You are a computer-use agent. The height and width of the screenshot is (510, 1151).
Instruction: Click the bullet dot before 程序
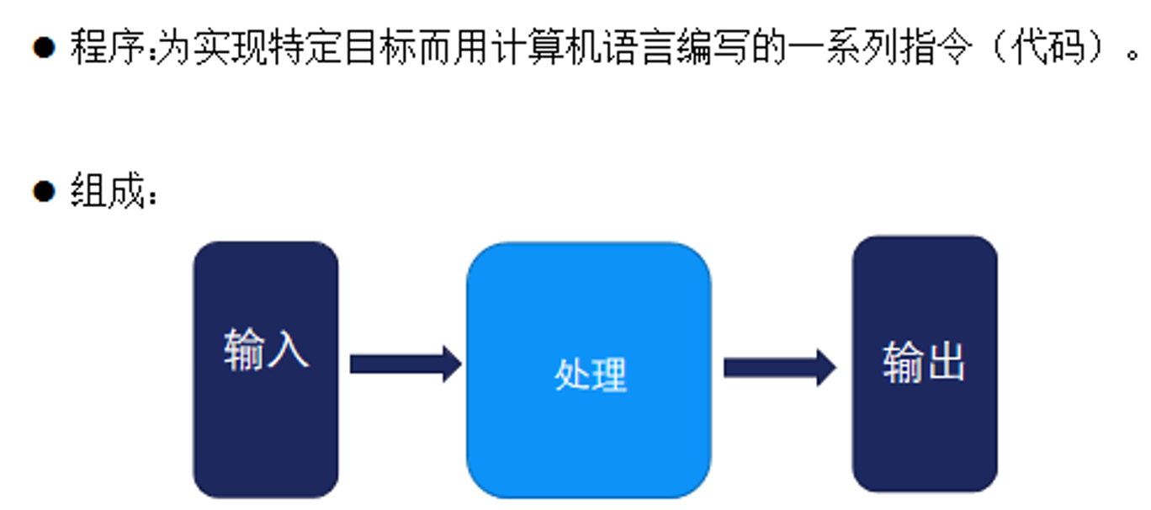point(44,46)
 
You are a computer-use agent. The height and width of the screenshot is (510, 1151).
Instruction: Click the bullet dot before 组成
point(44,191)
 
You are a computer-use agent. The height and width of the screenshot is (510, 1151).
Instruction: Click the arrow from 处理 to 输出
point(779,368)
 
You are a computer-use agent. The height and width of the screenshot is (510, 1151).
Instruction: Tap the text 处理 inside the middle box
point(590,375)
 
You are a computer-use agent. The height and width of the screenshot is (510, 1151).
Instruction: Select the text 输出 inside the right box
point(924,362)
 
